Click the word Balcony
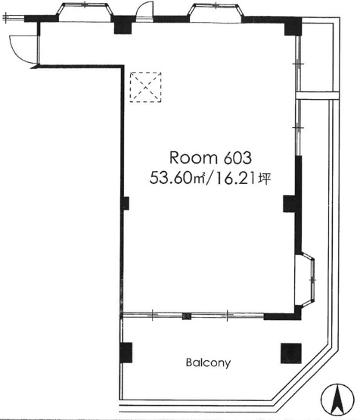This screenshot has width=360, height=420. pos(208,363)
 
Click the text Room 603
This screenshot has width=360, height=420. pos(211,157)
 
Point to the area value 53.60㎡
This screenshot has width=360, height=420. pos(177,178)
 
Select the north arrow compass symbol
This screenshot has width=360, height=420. pos(337,400)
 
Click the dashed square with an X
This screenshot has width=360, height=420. pos(146,87)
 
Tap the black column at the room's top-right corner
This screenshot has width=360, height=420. pos(293,26)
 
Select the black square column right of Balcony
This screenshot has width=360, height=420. pos(291,353)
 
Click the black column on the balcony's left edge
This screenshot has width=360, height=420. pos(126,353)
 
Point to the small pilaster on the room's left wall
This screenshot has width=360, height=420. pos(126,204)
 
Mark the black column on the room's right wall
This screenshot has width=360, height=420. pos(290,204)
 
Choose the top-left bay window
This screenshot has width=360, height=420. pos(85,11)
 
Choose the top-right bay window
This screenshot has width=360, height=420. pos(216,11)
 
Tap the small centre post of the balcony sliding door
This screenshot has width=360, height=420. pos(187,316)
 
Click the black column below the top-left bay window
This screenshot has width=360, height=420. pos(123,25)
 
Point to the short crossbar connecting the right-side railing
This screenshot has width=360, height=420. pos(318,95)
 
